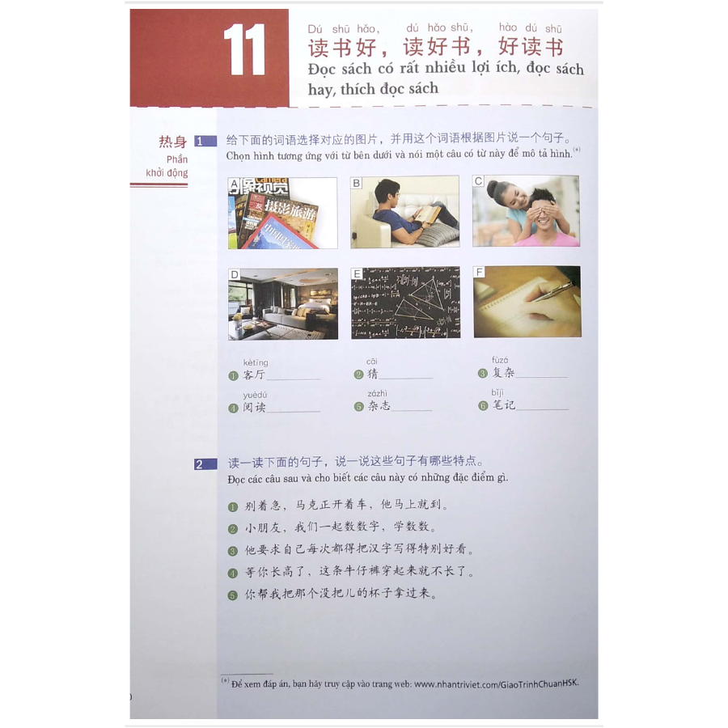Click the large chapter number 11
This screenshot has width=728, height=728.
(244, 49)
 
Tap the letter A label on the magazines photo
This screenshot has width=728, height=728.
(234, 184)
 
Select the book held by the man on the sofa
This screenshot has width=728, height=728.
(426, 213)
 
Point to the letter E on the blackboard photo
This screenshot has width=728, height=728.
(357, 273)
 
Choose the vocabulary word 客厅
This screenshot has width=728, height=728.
(254, 375)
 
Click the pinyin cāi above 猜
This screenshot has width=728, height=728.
(372, 362)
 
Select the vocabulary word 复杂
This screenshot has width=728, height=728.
(503, 372)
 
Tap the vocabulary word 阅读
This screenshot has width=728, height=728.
(254, 407)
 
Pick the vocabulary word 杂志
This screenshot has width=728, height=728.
(379, 406)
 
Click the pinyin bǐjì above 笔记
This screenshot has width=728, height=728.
(497, 393)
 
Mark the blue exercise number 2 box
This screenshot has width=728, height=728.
(205, 463)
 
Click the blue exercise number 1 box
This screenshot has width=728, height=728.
(205, 141)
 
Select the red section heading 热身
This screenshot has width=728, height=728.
(173, 141)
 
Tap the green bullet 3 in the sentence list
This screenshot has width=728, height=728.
(233, 551)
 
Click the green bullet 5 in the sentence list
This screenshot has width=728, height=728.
(233, 595)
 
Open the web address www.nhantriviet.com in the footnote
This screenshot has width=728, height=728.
(496, 683)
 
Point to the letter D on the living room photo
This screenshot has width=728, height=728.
(235, 274)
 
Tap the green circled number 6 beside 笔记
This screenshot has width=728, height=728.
(483, 406)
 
